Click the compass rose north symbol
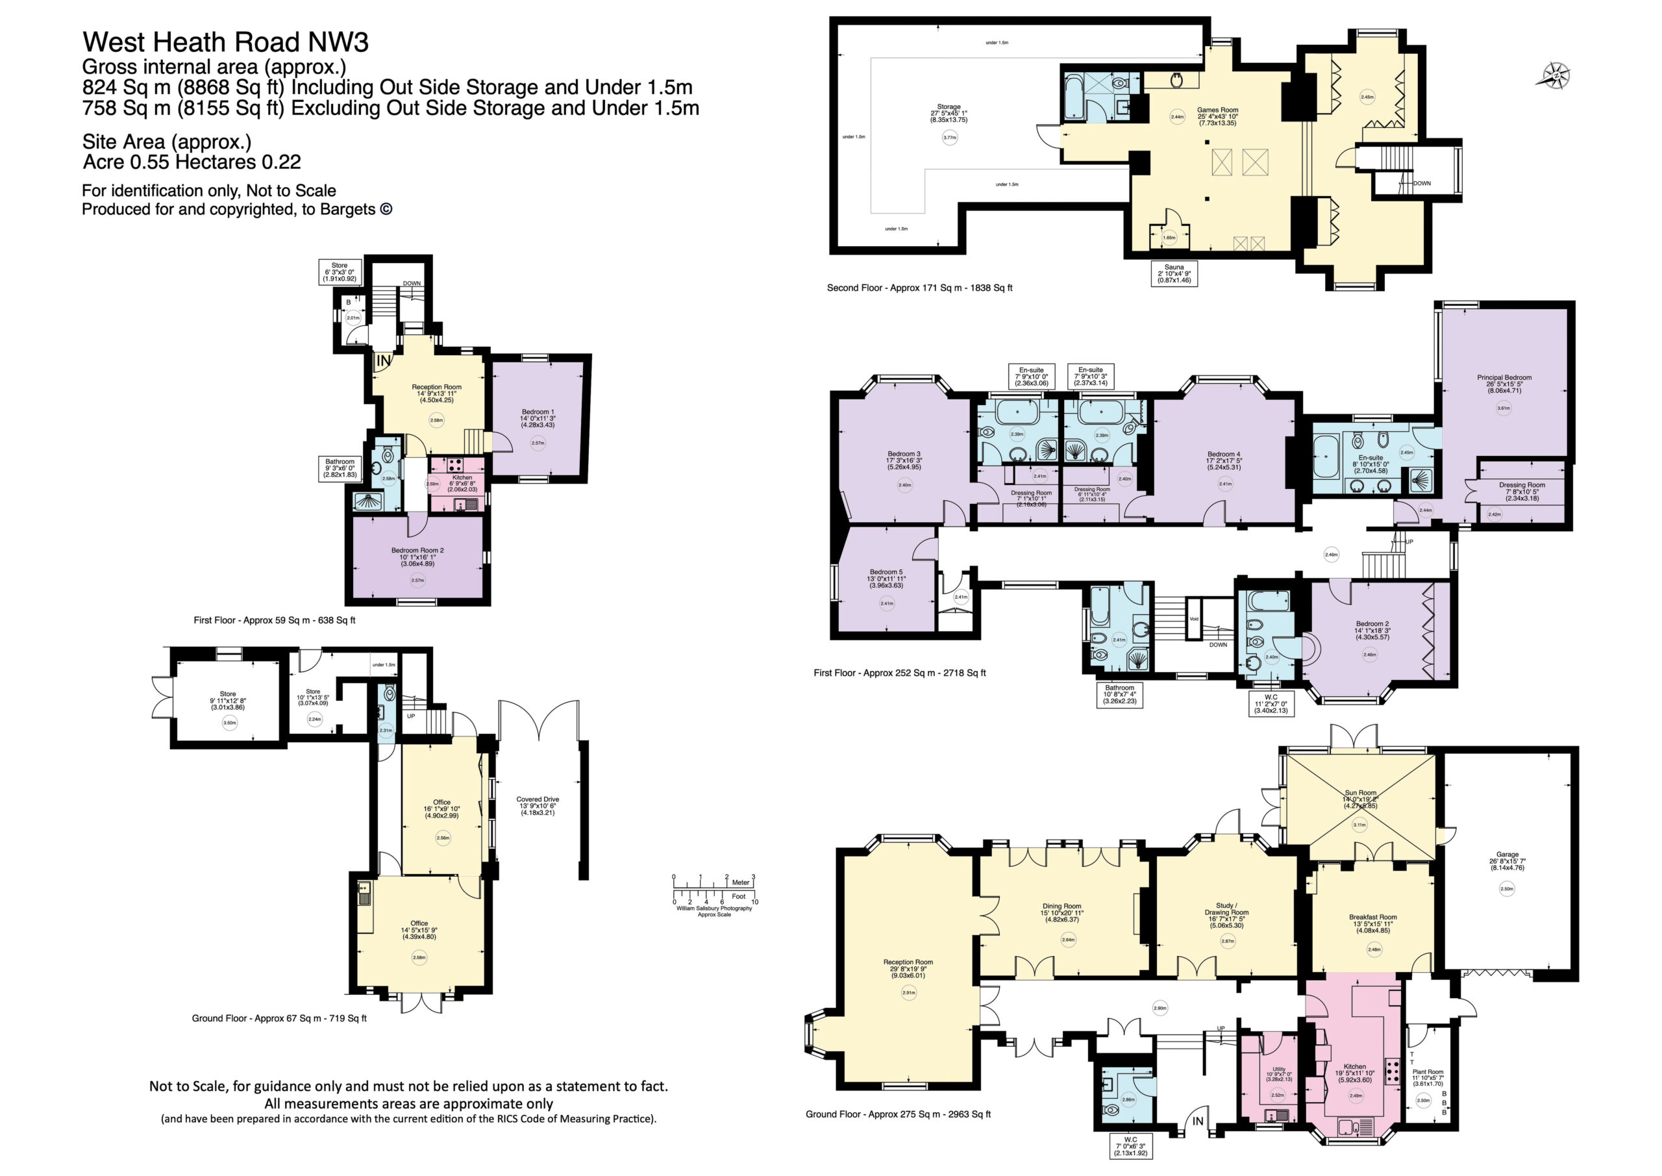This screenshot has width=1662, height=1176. (x=1555, y=75)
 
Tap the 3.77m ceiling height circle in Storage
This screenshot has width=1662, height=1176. (x=949, y=138)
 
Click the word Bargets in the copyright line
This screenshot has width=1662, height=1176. (x=351, y=209)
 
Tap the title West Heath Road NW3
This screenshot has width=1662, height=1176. (x=225, y=42)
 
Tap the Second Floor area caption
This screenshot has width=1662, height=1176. (x=919, y=288)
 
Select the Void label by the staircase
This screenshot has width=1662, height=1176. (x=1195, y=619)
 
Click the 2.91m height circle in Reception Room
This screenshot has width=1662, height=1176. (x=908, y=993)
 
